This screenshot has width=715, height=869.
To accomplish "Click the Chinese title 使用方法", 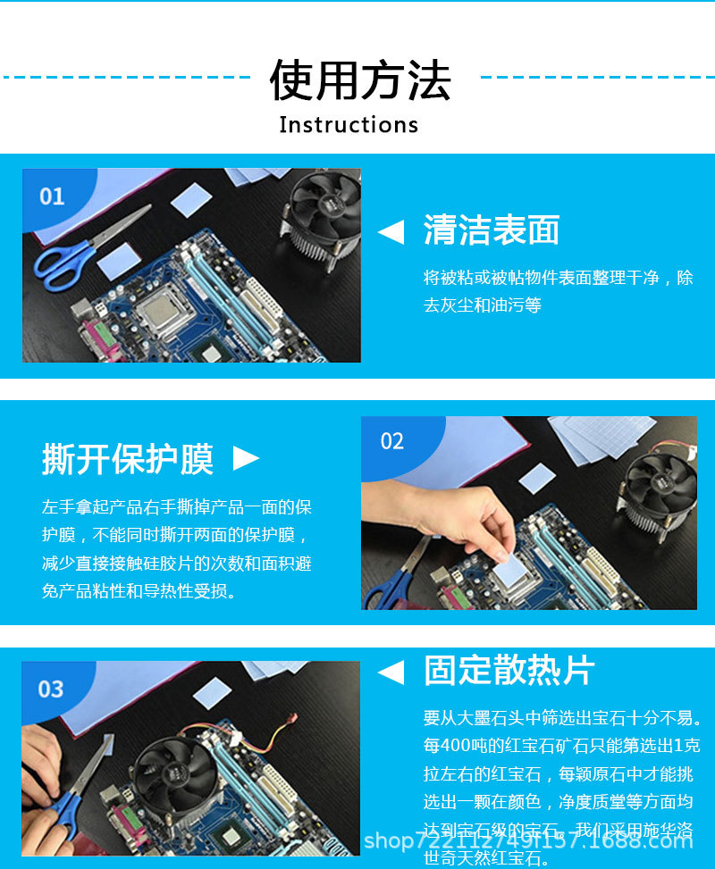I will pos(360,79).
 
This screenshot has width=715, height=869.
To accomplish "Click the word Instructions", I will pos(349,125).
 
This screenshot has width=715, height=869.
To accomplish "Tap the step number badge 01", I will pos(52,196).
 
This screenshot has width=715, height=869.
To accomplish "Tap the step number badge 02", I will pos(392,441).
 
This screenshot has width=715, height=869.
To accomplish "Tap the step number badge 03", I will pos(51,689).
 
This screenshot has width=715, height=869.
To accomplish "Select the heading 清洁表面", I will pos(491,230).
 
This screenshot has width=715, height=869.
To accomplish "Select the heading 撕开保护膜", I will pos(128,459).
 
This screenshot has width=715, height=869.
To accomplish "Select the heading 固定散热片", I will pos(509,671).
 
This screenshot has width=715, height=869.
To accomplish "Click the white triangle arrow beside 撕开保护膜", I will pos(246,459).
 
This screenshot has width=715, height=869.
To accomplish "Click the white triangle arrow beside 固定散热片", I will pos(391,672).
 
